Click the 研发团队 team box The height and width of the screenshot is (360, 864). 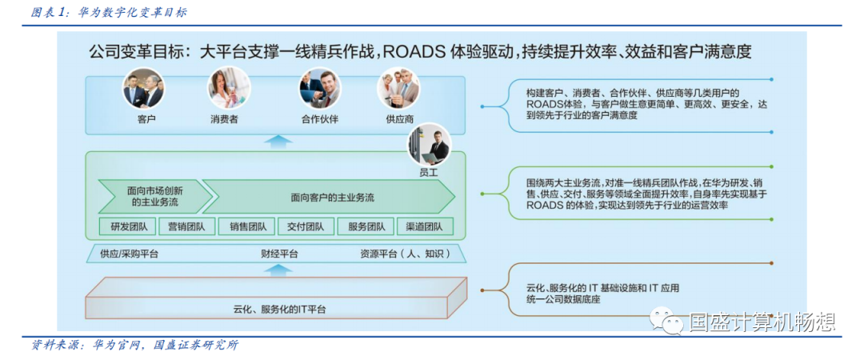tap(129, 226)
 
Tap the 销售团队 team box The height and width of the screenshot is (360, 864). tap(248, 226)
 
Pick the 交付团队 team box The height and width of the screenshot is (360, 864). tap(306, 226)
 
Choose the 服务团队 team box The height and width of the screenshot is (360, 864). tap(366, 226)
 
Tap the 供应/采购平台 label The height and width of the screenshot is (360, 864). tap(129, 254)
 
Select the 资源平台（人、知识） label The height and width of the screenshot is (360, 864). tap(401, 254)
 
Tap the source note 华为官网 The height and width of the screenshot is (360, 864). tap(118, 346)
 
